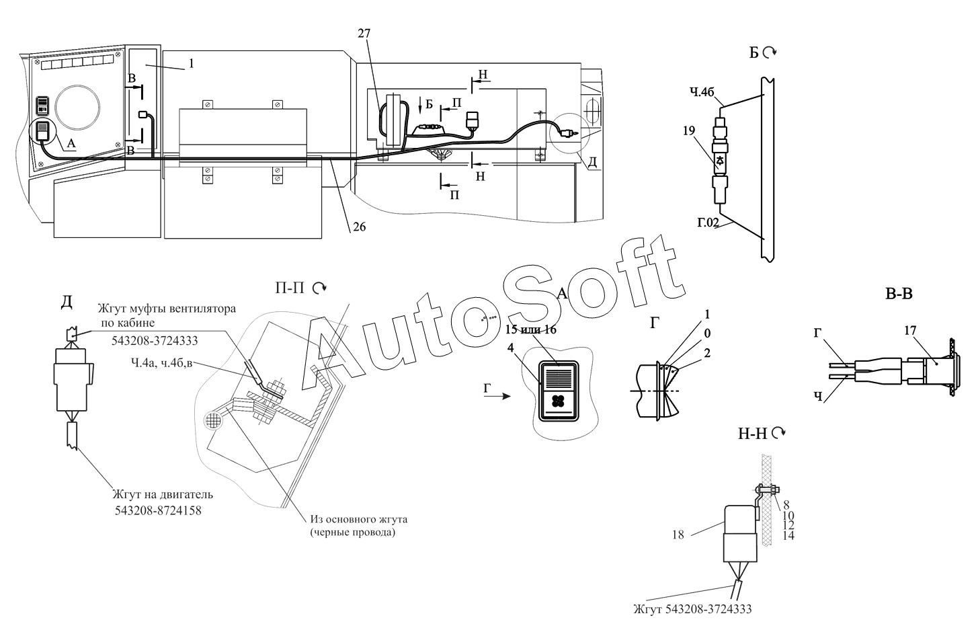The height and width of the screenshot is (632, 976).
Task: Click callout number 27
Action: (x=364, y=34)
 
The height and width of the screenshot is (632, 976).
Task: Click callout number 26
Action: (x=359, y=227)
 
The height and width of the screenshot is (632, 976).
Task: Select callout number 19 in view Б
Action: (x=689, y=130)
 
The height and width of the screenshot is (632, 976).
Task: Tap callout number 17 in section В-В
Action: (x=909, y=330)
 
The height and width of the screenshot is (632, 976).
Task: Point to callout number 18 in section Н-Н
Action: (x=678, y=535)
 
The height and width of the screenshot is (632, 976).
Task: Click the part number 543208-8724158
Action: (x=158, y=510)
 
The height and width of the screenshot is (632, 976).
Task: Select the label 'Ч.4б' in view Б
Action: (x=702, y=92)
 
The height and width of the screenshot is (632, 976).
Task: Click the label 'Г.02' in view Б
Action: (x=708, y=223)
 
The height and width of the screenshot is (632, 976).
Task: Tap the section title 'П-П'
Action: (x=290, y=288)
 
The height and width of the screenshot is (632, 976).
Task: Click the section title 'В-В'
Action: (x=899, y=294)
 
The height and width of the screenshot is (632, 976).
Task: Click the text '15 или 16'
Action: (x=531, y=329)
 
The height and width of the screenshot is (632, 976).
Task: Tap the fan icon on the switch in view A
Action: (x=558, y=401)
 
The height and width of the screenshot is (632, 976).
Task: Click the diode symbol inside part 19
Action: (x=720, y=161)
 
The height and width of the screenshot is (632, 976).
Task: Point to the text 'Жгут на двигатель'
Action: (x=163, y=494)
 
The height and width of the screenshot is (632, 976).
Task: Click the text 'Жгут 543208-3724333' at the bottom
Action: (x=692, y=609)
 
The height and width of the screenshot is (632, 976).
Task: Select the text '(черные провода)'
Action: (x=352, y=532)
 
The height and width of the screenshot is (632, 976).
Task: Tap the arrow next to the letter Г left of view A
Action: (x=503, y=396)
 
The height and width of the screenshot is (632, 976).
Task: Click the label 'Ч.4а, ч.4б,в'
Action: (x=161, y=362)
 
